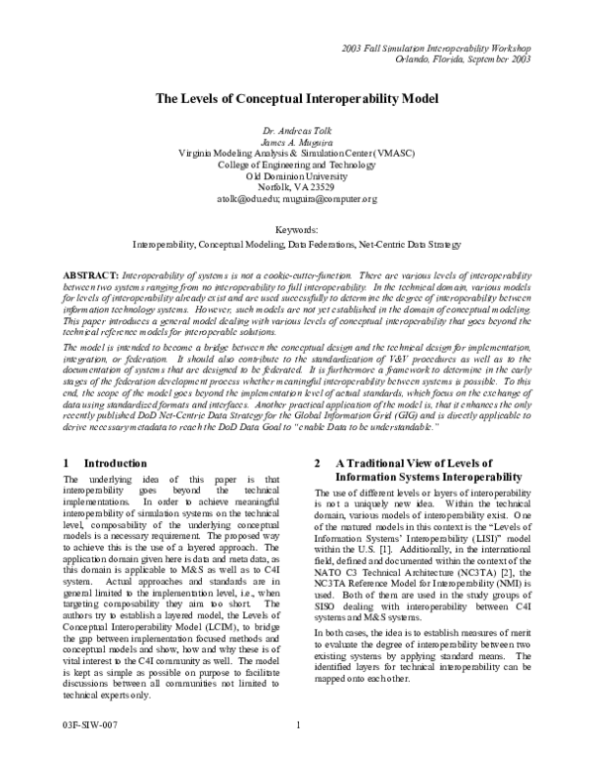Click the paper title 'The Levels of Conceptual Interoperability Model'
tap(296, 100)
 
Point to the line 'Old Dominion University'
tap(297, 176)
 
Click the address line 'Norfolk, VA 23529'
tap(297, 187)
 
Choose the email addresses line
tap(297, 199)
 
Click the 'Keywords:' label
tap(297, 229)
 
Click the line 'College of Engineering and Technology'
tap(297, 165)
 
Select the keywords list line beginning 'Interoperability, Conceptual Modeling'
tap(297, 243)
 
